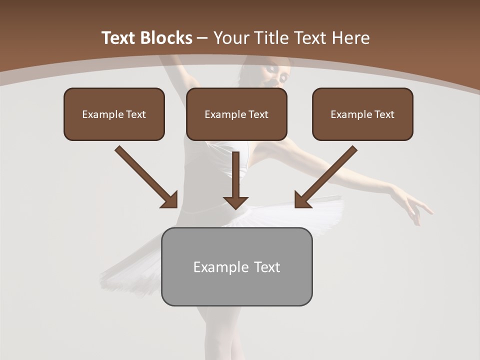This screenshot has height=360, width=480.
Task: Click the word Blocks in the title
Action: [166, 38]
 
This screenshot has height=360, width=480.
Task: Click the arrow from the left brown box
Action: [146, 176]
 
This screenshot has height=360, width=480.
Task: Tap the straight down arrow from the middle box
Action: [235, 180]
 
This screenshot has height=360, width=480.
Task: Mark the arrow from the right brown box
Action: [326, 176]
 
